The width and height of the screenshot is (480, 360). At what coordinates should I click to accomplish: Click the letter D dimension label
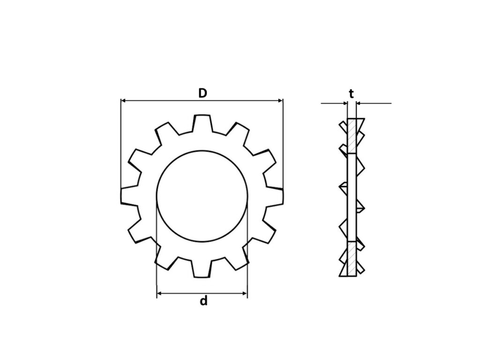pyautogui.click(x=202, y=93)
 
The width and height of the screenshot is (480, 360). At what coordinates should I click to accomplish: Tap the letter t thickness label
pyautogui.click(x=352, y=94)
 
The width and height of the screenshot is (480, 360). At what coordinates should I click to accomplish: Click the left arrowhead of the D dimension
pyautogui.click(x=123, y=100)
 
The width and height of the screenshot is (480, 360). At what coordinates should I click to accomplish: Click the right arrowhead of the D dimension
pyautogui.click(x=280, y=100)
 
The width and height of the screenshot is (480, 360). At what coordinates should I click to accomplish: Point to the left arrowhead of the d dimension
pyautogui.click(x=159, y=293)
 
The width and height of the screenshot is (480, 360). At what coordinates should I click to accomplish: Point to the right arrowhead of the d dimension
pyautogui.click(x=245, y=293)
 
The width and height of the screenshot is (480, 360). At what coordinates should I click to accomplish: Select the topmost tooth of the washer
pyautogui.click(x=202, y=123)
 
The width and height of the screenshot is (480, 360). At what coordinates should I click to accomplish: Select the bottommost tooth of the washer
pyautogui.click(x=202, y=269)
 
